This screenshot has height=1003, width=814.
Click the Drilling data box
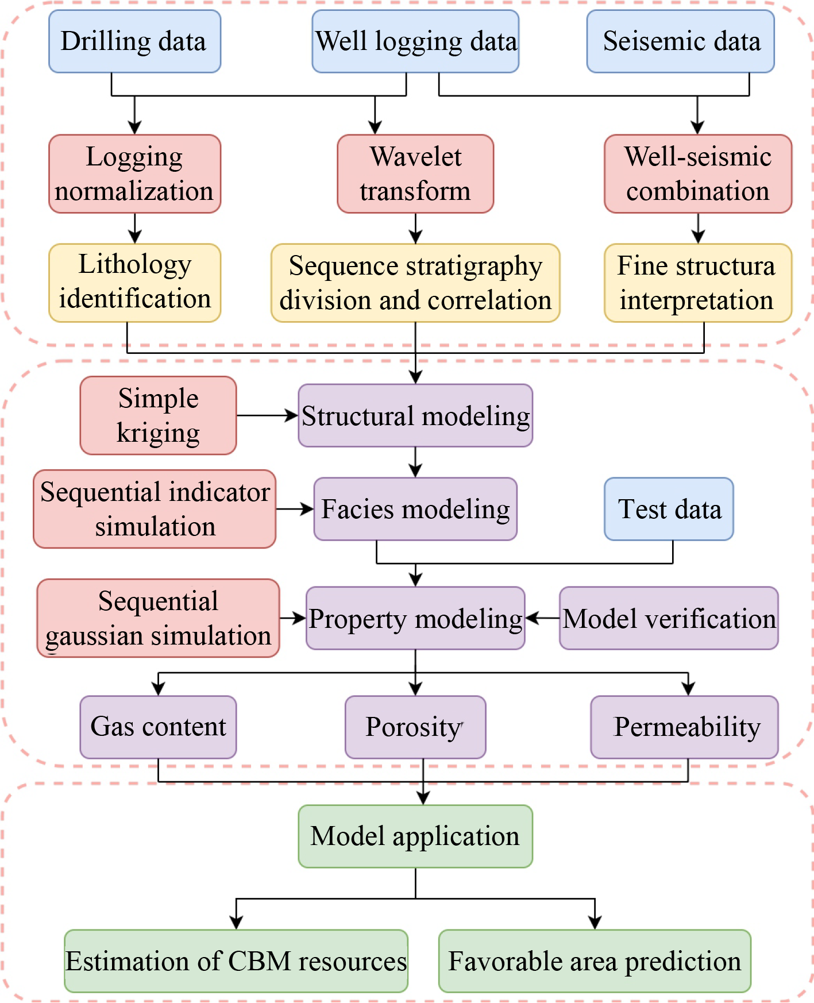pyautogui.click(x=134, y=41)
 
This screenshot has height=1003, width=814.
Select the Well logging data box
pyautogui.click(x=415, y=41)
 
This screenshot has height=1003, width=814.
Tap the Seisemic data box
pyautogui.click(x=681, y=41)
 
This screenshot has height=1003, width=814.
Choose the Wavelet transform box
pyautogui.click(x=415, y=173)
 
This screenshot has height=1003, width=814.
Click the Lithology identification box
pyautogui.click(x=134, y=282)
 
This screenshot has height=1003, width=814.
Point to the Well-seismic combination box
pyautogui.click(x=698, y=173)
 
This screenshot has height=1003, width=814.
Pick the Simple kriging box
pyautogui.click(x=158, y=415)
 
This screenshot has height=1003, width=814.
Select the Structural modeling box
pyautogui.click(x=415, y=415)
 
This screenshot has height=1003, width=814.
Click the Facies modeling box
pyautogui.click(x=415, y=509)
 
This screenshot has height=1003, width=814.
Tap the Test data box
pyautogui.click(x=669, y=509)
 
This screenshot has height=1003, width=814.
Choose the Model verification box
pyautogui.click(x=669, y=618)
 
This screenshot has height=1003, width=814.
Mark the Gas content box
pyautogui.click(x=158, y=727)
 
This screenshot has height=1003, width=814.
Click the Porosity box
pyautogui.click(x=415, y=727)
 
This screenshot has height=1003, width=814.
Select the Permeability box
pyautogui.click(x=685, y=727)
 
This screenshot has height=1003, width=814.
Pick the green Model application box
pyautogui.click(x=415, y=836)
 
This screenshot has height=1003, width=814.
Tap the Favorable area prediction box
pyautogui.click(x=595, y=961)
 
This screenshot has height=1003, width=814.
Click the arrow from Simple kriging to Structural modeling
pyautogui.click(x=267, y=415)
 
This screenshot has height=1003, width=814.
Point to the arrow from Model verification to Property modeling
pyautogui.click(x=542, y=618)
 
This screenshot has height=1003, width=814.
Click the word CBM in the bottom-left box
pyautogui.click(x=260, y=961)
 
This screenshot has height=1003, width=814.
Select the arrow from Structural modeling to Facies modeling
pyautogui.click(x=415, y=462)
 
